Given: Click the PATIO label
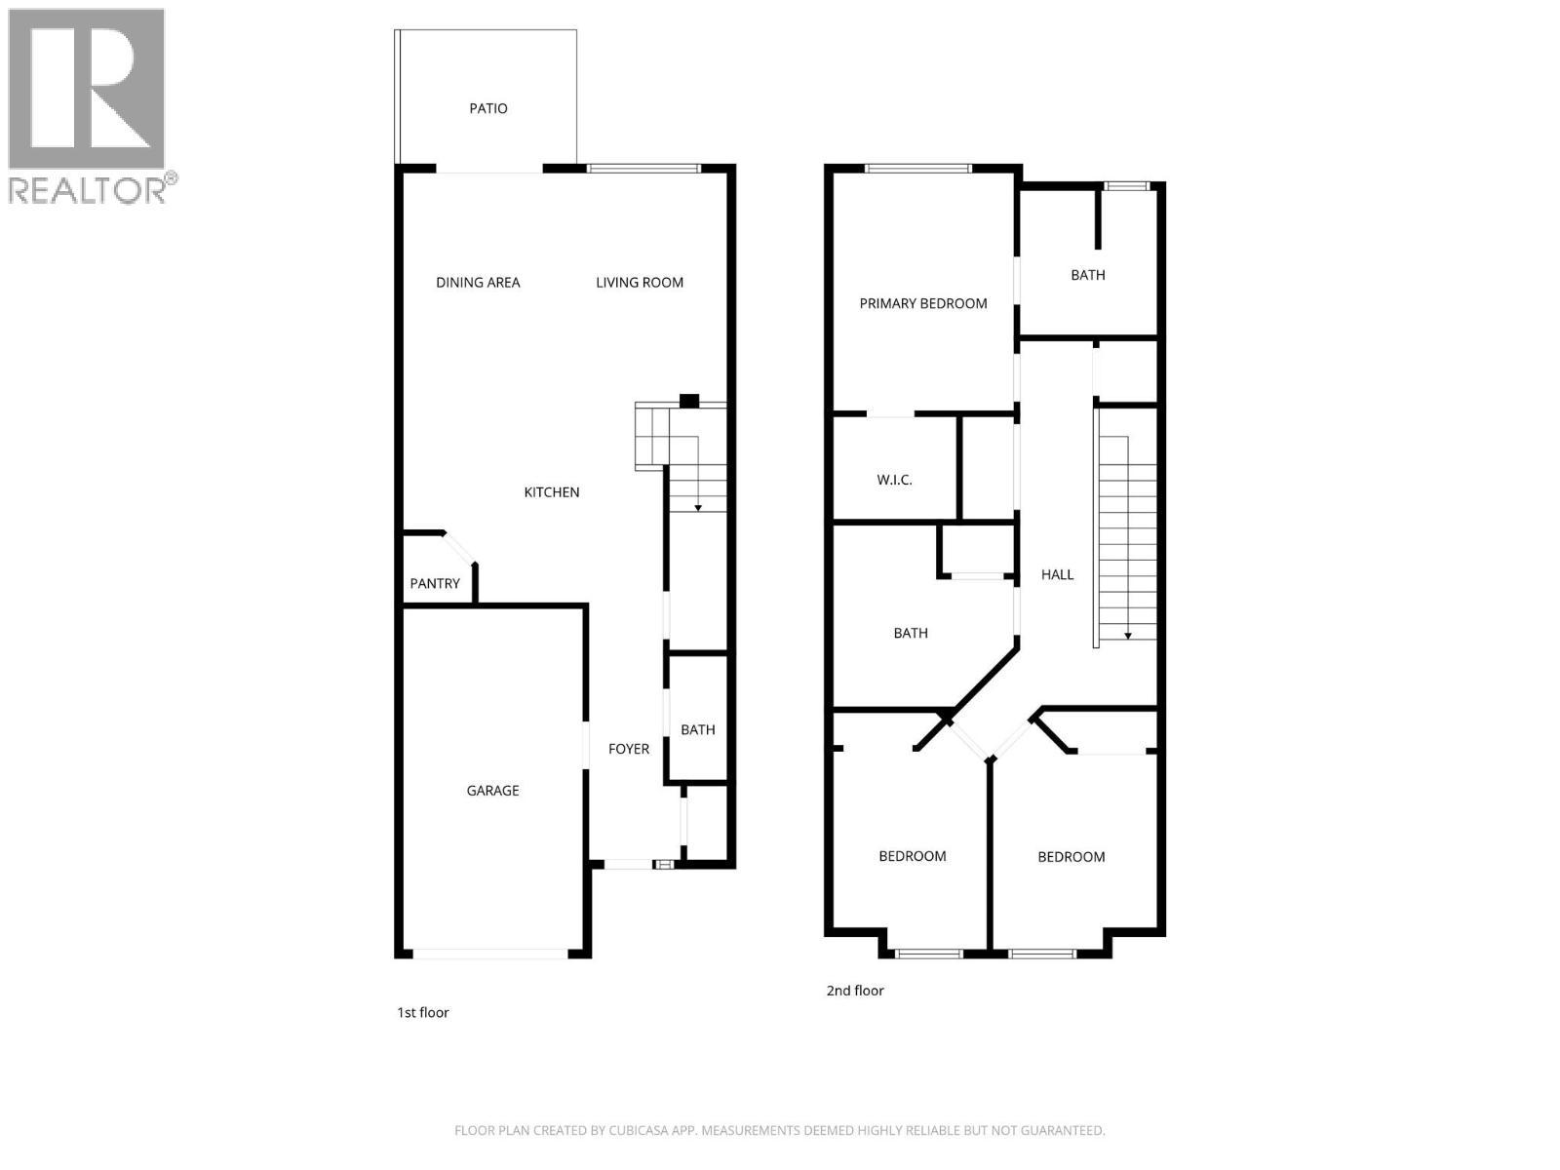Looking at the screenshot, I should [488, 108].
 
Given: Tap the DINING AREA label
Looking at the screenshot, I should [478, 283].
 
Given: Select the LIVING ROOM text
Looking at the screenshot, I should [640, 283].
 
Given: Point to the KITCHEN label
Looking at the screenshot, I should [552, 492].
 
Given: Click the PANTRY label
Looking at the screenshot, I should [435, 584].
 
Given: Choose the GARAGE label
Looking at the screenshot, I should [492, 791].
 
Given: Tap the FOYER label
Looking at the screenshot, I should [629, 749].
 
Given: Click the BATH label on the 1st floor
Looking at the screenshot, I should [698, 729].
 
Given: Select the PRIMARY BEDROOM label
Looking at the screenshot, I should [923, 303].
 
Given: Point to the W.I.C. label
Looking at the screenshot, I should [894, 480].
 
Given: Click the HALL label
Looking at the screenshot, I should [1057, 575].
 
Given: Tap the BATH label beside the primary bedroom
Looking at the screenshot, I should [1088, 275].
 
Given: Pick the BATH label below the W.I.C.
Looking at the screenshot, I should [911, 634].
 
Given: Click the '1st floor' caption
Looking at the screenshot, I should [423, 1013].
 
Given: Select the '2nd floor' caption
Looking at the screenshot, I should [855, 991].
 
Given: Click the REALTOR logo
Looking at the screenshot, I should [90, 105].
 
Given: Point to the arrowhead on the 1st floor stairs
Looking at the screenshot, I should [698, 508].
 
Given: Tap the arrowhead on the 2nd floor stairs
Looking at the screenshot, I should [1128, 636].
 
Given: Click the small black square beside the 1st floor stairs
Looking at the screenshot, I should [689, 401].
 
